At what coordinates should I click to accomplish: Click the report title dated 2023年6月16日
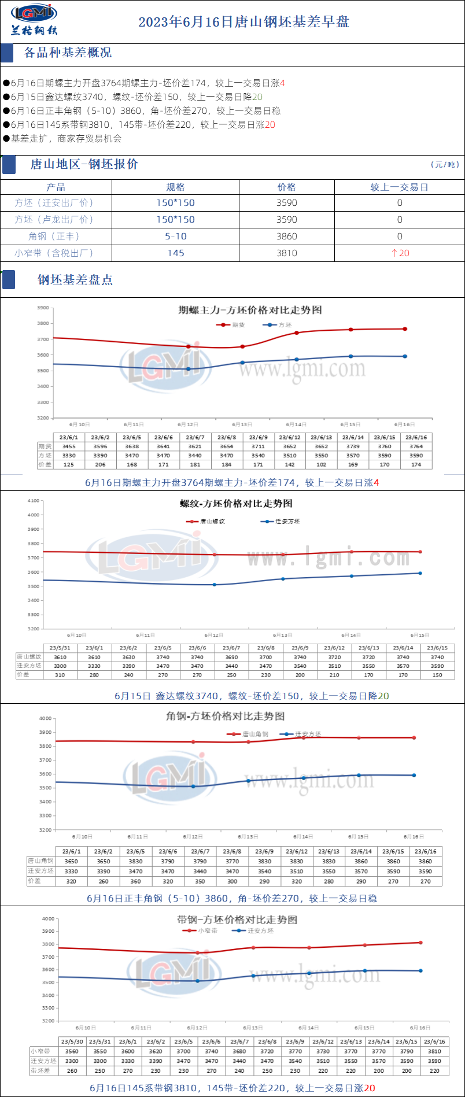pos(243,22)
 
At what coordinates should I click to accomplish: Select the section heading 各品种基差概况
pos(68,53)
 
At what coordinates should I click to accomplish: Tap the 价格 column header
pos(286,187)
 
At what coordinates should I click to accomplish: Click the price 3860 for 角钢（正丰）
pos(286,236)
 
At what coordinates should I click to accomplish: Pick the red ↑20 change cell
pos(400,253)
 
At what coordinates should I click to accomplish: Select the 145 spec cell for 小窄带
pos(175,253)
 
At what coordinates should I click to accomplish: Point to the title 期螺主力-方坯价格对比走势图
pos(250,310)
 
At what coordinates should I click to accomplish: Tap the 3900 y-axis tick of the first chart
pos(43,308)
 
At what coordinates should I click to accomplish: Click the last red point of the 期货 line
pos(405,329)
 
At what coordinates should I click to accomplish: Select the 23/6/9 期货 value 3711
pos(258,446)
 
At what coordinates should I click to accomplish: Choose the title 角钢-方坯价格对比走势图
pos(225,716)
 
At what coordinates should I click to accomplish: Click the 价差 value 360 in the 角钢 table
pos(135,881)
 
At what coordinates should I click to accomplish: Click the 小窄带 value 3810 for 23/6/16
pos(434,1051)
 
